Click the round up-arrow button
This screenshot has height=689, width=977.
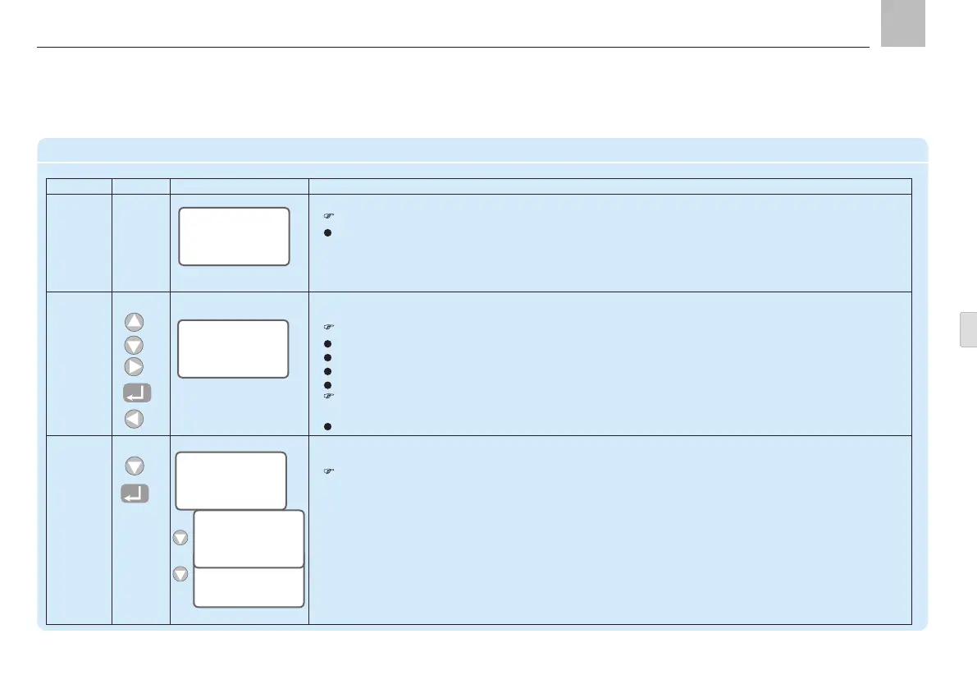[x=135, y=322]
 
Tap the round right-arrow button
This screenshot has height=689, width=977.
[x=135, y=367]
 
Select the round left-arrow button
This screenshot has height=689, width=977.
[x=135, y=420]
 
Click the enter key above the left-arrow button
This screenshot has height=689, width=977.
[x=136, y=393]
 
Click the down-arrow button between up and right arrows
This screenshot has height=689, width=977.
[x=135, y=345]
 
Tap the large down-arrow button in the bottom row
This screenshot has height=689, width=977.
[x=135, y=466]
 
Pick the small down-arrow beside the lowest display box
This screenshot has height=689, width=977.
[x=180, y=574]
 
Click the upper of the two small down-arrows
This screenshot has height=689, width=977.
[x=180, y=539]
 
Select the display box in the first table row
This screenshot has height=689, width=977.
[x=234, y=237]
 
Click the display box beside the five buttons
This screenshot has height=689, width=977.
[x=233, y=349]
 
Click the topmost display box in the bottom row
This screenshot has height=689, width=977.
[x=232, y=480]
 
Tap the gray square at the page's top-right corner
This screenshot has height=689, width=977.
[x=902, y=24]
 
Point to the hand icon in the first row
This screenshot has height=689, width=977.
[x=329, y=217]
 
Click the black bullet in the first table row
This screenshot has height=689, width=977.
[x=329, y=232]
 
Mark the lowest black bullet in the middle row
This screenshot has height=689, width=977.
[x=329, y=426]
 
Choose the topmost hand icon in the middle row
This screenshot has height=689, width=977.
[x=329, y=328]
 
